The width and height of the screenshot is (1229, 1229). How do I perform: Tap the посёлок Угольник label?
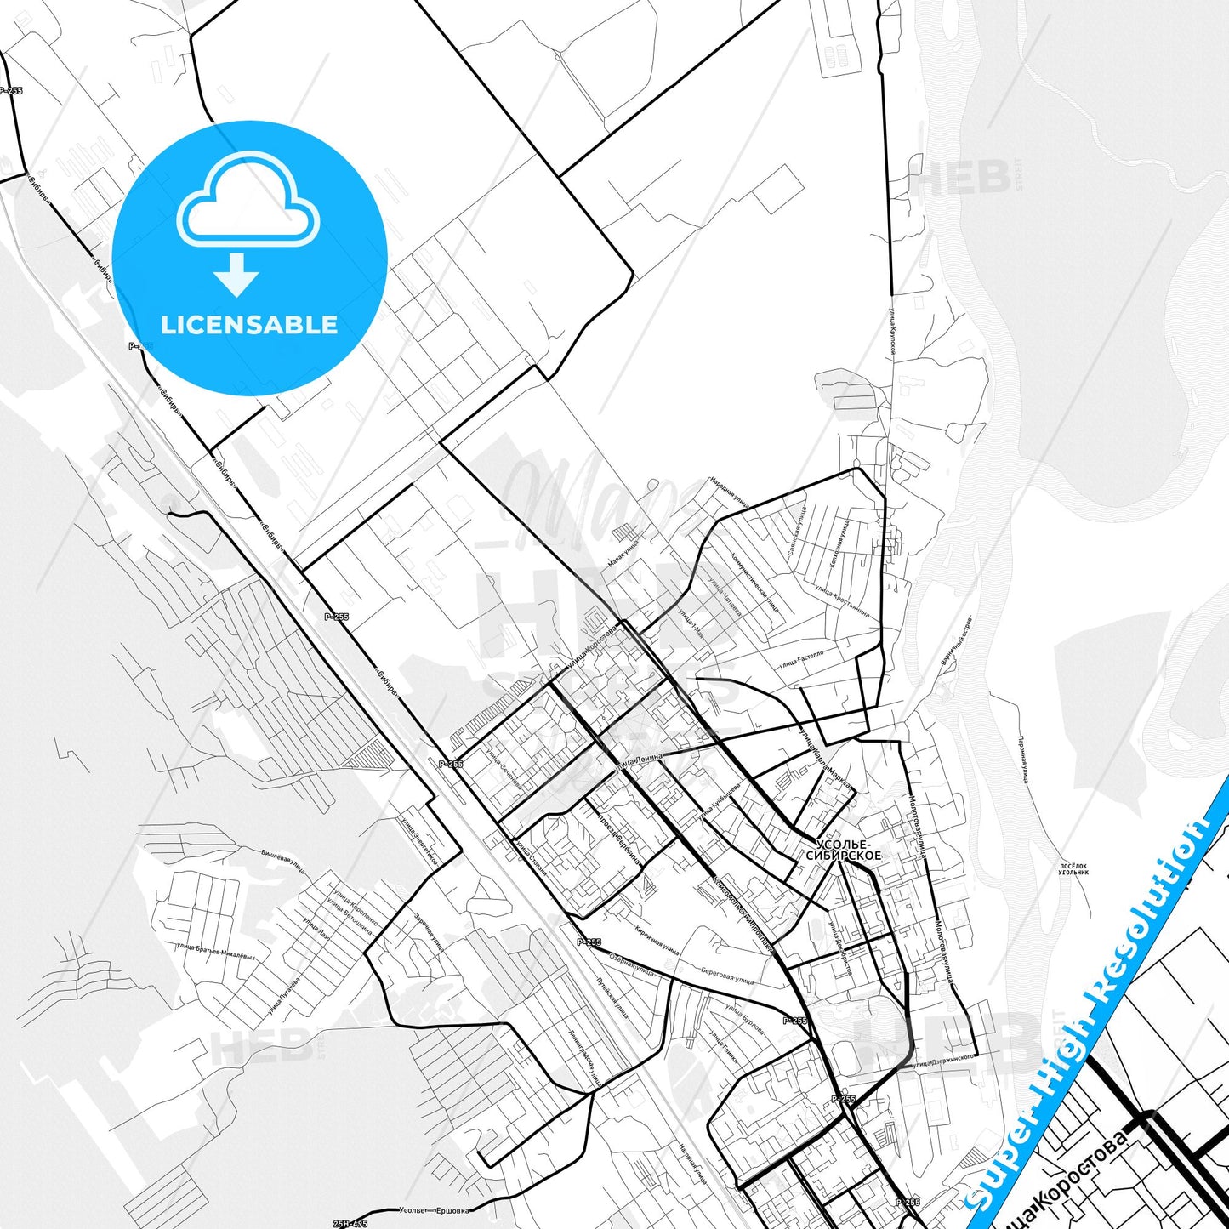pyautogui.click(x=1073, y=869)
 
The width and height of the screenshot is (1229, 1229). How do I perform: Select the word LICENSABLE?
pyautogui.click(x=249, y=324)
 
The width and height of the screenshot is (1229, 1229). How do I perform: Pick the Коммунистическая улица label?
pyautogui.click(x=754, y=583)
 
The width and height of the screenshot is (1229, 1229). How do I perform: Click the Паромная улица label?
pyautogui.click(x=1023, y=760)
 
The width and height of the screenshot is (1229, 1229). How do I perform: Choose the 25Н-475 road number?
pyautogui.click(x=350, y=1223)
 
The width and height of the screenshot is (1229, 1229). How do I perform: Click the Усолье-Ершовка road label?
pyautogui.click(x=434, y=1210)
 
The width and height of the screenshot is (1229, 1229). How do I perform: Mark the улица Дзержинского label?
pyautogui.click(x=940, y=1062)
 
